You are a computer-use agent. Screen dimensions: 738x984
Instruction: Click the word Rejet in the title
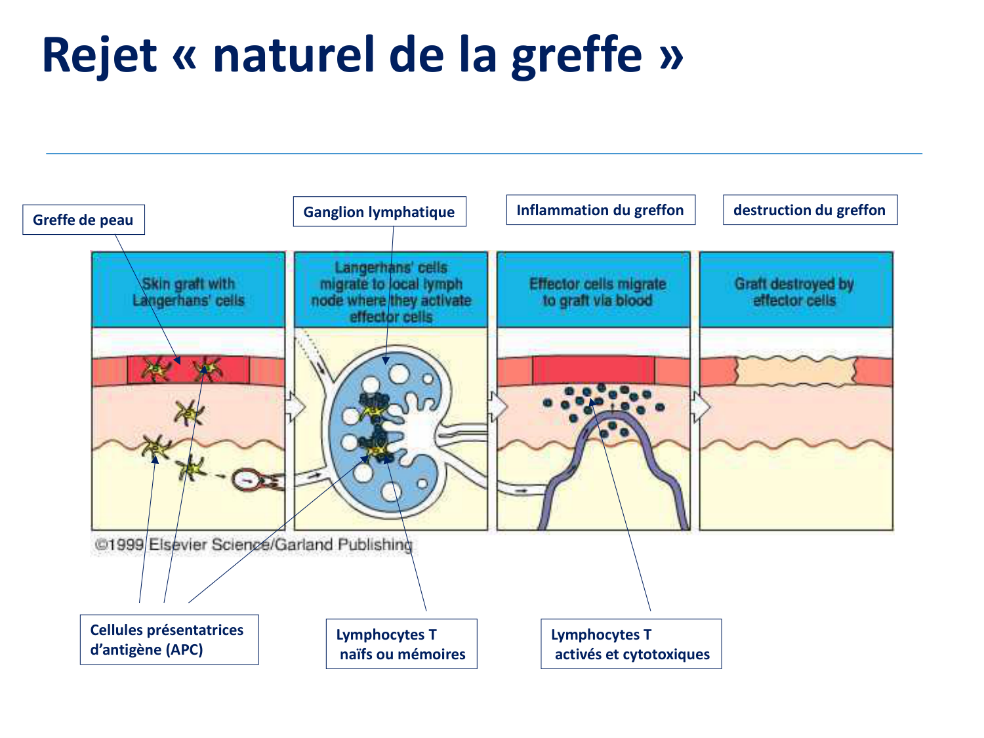click(x=99, y=54)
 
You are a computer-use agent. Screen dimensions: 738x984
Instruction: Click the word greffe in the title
click(x=577, y=54)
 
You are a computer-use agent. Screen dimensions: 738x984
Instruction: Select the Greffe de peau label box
click(x=83, y=220)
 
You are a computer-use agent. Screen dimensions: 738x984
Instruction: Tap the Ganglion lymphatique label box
click(x=379, y=212)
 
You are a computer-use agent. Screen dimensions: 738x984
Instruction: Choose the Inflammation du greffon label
click(x=600, y=210)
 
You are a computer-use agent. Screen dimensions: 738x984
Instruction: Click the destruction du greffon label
click(x=810, y=210)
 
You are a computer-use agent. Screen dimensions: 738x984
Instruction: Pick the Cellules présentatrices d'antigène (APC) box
click(x=169, y=640)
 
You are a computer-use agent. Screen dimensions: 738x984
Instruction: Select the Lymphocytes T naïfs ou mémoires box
click(x=401, y=644)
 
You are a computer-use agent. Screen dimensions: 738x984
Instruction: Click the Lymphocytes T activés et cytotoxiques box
click(x=630, y=644)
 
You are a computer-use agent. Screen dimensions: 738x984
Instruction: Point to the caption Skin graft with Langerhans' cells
click(x=188, y=292)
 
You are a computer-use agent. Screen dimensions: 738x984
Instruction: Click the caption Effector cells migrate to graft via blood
click(x=597, y=292)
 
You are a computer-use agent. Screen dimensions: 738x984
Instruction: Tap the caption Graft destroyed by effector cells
click(x=794, y=292)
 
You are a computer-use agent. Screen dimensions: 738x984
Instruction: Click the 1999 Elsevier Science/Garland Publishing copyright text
click(x=253, y=544)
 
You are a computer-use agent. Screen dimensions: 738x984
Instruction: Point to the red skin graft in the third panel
click(x=593, y=370)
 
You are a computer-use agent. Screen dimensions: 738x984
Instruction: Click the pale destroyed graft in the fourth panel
click(x=796, y=371)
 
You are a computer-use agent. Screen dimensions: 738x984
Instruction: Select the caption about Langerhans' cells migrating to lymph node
click(x=391, y=292)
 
